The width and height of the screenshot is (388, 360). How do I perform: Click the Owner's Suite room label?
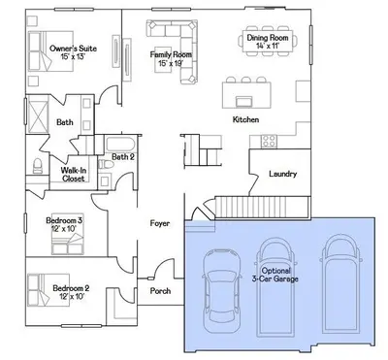tap(73, 49)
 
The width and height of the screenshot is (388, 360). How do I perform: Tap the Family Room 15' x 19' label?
tap(171, 58)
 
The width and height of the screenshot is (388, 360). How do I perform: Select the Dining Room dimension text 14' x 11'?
tap(268, 46)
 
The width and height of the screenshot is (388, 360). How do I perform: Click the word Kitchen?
tap(245, 119)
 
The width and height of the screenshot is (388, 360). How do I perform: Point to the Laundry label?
tap(283, 174)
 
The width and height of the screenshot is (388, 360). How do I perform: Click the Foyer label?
tap(160, 223)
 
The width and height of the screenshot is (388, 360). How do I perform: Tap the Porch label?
tap(160, 291)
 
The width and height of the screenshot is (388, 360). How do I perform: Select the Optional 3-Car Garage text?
tap(275, 275)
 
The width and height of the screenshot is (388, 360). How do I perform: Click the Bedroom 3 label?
tap(64, 220)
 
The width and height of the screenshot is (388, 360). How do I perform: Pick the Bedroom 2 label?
tap(71, 288)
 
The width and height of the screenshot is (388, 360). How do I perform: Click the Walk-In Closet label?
tap(74, 175)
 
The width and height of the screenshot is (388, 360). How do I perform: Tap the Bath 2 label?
tap(123, 157)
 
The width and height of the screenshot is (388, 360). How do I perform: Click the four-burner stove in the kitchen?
tap(269, 142)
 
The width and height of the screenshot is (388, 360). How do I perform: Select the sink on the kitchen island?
tap(244, 101)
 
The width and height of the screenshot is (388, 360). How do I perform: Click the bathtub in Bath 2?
tap(120, 145)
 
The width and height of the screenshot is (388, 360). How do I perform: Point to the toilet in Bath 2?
tap(106, 164)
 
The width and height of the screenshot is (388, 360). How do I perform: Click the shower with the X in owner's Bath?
tap(37, 115)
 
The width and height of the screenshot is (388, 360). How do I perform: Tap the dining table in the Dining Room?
tap(268, 41)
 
